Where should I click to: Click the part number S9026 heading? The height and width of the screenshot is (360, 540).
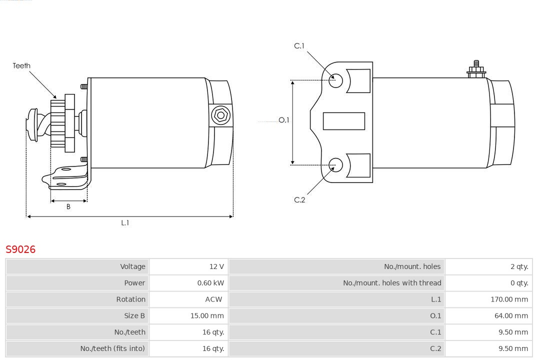click(x=20, y=249)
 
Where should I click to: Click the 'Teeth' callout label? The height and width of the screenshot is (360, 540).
click(x=21, y=65)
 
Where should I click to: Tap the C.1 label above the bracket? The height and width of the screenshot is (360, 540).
click(x=299, y=46)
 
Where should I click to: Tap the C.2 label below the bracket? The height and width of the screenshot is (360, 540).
click(x=299, y=200)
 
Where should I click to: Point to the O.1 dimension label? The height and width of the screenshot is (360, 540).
click(x=283, y=120)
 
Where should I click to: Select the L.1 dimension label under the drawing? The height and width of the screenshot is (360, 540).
click(x=125, y=223)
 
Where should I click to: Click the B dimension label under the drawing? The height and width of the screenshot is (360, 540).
click(x=68, y=206)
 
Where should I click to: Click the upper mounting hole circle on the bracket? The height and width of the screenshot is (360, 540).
click(x=336, y=80)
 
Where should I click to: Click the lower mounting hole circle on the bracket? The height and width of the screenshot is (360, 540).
click(x=336, y=164)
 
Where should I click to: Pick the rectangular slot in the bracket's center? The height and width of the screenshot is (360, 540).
click(x=343, y=121)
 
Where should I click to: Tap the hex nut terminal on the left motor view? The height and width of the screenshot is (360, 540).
click(x=220, y=115)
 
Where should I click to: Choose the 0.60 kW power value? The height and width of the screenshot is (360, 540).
click(x=210, y=283)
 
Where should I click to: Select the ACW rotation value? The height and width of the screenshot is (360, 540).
click(x=213, y=299)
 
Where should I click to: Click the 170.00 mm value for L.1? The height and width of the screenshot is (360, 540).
click(x=509, y=299)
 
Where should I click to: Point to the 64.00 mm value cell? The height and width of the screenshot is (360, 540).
click(x=511, y=316)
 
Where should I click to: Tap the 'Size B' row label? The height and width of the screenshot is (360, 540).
click(x=134, y=316)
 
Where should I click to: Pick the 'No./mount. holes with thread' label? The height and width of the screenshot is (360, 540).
click(x=392, y=283)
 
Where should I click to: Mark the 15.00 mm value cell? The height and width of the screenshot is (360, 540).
click(x=209, y=316)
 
